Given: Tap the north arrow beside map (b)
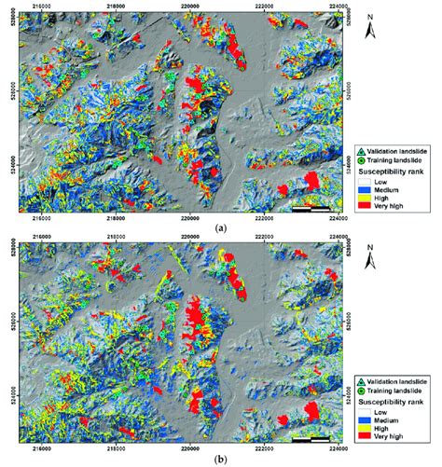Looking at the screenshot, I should pyautogui.click(x=371, y=257).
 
